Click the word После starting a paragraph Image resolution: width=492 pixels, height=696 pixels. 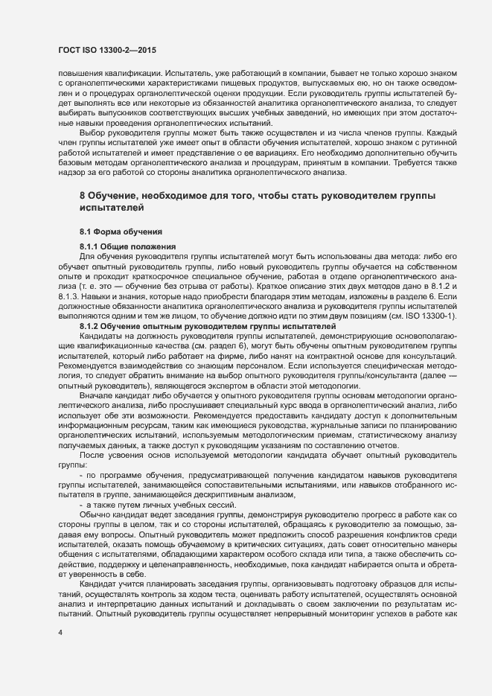click(x=93, y=453)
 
